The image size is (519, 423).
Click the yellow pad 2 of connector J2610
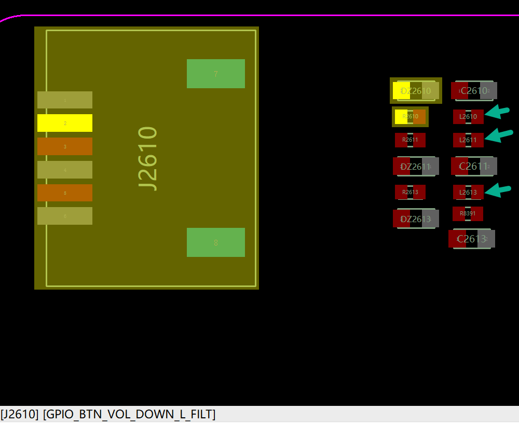(65, 123)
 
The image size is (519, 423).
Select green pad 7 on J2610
(216, 74)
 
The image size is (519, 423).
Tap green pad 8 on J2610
(216, 242)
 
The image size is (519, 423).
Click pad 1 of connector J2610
(65, 100)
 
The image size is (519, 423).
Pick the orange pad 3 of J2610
(65, 146)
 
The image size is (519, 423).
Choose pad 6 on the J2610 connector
(65, 216)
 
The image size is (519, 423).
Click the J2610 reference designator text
(148, 158)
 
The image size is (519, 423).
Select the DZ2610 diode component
(416, 91)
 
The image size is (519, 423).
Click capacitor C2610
(474, 91)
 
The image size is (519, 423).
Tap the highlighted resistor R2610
(410, 117)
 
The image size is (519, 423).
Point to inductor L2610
(468, 117)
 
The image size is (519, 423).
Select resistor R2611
(410, 140)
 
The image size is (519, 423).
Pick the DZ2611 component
(416, 167)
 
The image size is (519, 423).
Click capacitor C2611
(474, 167)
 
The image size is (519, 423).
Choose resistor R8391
(468, 213)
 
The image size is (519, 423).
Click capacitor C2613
(471, 239)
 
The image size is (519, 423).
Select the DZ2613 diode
(416, 219)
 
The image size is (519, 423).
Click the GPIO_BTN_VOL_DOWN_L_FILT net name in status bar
(129, 414)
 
